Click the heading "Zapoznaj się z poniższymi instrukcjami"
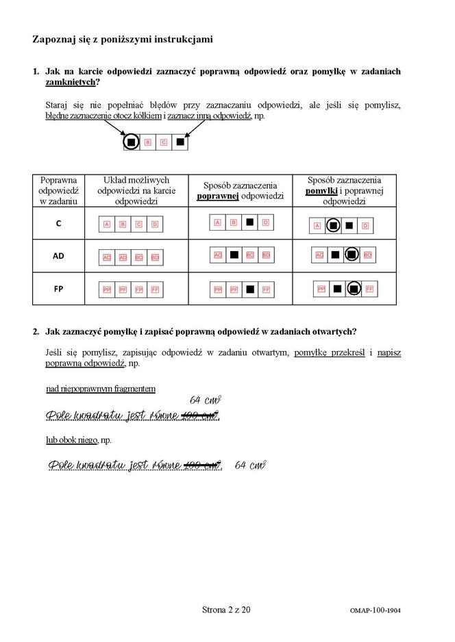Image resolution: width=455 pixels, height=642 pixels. pyautogui.click(x=123, y=40)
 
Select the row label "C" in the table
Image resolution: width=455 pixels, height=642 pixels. pyautogui.click(x=58, y=223)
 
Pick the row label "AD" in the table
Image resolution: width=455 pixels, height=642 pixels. pyautogui.click(x=58, y=255)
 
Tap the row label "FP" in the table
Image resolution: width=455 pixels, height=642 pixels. pyautogui.click(x=58, y=289)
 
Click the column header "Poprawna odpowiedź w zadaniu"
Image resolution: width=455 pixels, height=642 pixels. pyautogui.click(x=58, y=190)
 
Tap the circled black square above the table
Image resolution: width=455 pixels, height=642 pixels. pyautogui.click(x=131, y=142)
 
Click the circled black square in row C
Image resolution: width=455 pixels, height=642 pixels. pyautogui.click(x=333, y=224)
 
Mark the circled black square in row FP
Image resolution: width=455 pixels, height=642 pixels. pyautogui.click(x=354, y=289)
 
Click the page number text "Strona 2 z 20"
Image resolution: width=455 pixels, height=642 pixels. pyautogui.click(x=227, y=609)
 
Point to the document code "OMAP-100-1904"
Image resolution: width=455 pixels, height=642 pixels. pyautogui.click(x=373, y=611)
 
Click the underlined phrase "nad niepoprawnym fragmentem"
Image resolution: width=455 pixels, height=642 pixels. pyautogui.click(x=101, y=389)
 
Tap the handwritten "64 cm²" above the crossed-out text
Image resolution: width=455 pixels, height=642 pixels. pyautogui.click(x=205, y=400)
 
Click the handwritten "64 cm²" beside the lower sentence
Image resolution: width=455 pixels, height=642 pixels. pyautogui.click(x=250, y=465)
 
